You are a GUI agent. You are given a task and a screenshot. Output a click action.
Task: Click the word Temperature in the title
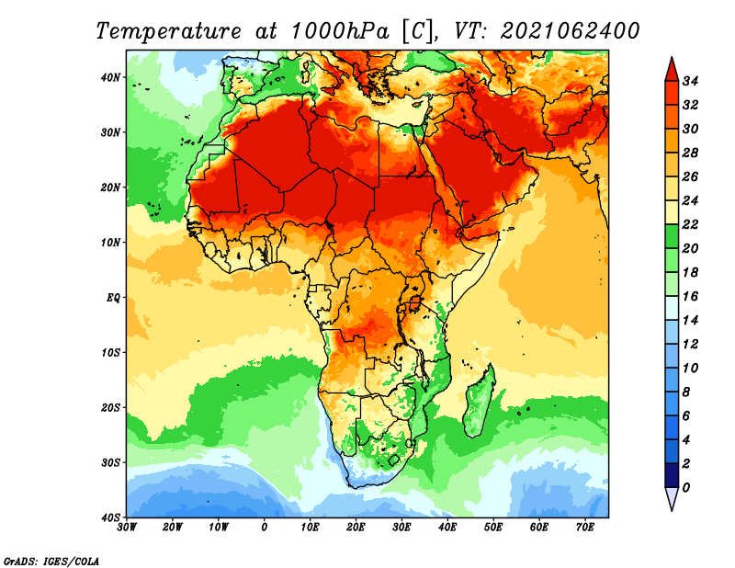click(x=168, y=31)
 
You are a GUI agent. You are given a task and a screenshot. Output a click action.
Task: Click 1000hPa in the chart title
click(x=340, y=31)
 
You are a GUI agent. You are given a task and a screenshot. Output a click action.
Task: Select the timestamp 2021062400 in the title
click(x=570, y=31)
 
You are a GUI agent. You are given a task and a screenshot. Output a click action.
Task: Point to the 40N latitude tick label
click(x=110, y=77)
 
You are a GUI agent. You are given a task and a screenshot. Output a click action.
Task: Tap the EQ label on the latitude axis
click(x=113, y=298)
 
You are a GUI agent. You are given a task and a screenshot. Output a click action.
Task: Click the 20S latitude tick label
click(x=110, y=407)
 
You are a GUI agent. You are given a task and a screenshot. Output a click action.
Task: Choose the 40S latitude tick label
click(x=110, y=517)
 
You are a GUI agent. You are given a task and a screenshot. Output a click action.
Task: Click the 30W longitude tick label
click(x=127, y=528)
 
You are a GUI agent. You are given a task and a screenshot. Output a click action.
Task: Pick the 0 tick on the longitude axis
click(x=265, y=528)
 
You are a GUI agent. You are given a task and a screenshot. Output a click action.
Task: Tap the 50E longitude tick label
click(x=493, y=528)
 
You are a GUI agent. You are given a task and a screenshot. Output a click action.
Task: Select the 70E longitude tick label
click(x=585, y=528)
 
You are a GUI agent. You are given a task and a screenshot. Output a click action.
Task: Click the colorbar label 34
click(x=690, y=81)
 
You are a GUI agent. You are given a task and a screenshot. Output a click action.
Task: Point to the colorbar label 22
click(x=690, y=224)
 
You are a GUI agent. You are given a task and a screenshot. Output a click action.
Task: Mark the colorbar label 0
click(x=685, y=488)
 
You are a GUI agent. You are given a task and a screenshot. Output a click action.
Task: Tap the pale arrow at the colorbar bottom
click(x=672, y=497)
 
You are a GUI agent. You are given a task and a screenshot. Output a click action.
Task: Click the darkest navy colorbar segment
click(x=672, y=475)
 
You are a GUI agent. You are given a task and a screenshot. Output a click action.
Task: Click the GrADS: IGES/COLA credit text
click(x=51, y=561)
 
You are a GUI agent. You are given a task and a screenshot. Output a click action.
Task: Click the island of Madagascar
click(x=479, y=401)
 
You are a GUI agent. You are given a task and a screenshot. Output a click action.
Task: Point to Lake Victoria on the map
click(x=415, y=302)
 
